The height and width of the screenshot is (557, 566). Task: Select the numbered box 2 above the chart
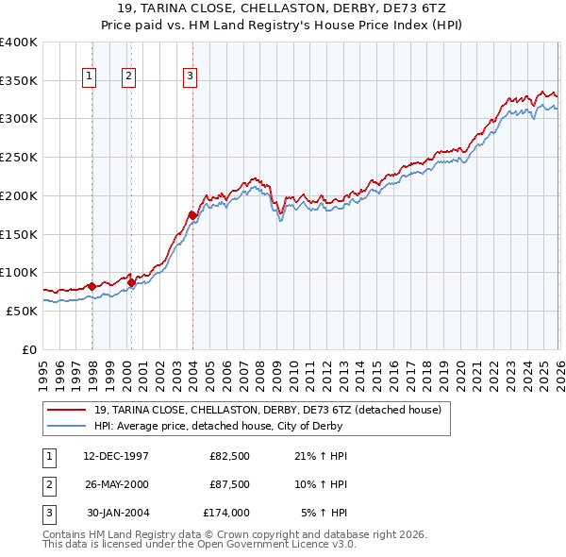(128, 76)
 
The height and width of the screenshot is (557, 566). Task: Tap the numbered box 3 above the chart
(190, 76)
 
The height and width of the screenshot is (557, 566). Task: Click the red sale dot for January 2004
(192, 215)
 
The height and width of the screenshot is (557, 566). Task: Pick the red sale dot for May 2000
(131, 281)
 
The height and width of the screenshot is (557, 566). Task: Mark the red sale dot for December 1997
(92, 285)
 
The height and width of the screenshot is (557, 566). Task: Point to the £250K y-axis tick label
(18, 158)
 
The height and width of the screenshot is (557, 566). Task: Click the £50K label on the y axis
(22, 311)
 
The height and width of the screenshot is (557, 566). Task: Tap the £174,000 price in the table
(225, 513)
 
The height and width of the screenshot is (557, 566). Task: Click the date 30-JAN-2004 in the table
(118, 513)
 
